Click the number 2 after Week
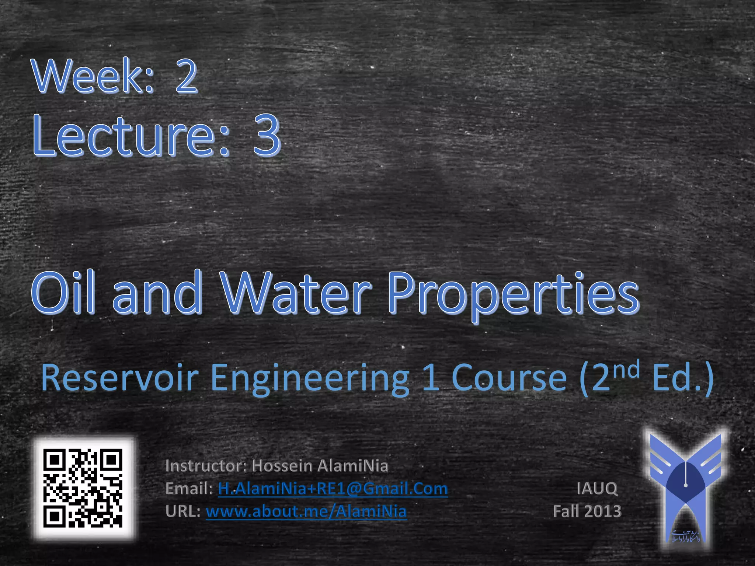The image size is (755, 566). pyautogui.click(x=186, y=76)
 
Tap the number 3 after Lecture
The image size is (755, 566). pyautogui.click(x=266, y=135)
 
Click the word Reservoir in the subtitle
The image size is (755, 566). pyautogui.click(x=120, y=378)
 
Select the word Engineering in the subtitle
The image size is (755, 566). pyautogui.click(x=310, y=380)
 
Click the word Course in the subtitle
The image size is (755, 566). pyautogui.click(x=509, y=378)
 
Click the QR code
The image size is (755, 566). pyautogui.click(x=83, y=488)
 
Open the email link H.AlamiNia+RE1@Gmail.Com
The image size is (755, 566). pyautogui.click(x=333, y=489)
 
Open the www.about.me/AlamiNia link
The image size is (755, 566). pyautogui.click(x=306, y=511)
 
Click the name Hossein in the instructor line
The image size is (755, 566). pyautogui.click(x=282, y=466)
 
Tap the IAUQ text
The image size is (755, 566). pyautogui.click(x=597, y=489)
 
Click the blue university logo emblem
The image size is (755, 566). pyautogui.click(x=685, y=488)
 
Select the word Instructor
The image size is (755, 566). pyautogui.click(x=204, y=466)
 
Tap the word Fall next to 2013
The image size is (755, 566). pyautogui.click(x=566, y=511)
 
